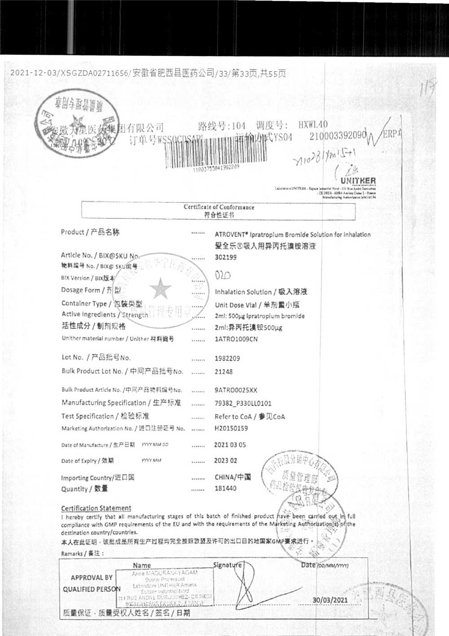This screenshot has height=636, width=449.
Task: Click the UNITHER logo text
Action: coord(358,181)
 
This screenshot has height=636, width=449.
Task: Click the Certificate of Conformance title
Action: coord(219,207)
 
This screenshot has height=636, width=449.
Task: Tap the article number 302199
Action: coord(225,257)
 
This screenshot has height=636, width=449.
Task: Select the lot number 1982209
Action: coord(227,358)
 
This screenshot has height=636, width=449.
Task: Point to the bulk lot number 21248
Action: coord(224,372)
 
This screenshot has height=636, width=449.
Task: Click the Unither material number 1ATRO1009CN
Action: coord(236,339)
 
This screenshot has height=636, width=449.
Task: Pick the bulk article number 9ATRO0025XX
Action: coord(236,390)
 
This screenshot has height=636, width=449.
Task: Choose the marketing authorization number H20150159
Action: coord(231,428)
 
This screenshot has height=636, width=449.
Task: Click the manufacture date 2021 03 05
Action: coord(230,445)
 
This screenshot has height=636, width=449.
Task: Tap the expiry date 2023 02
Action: coord(226,461)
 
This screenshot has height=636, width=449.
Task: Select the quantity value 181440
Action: coord(225,488)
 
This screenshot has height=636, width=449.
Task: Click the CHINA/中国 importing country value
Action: coord(233,477)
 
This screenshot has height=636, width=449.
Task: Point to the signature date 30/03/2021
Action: coord(330,600)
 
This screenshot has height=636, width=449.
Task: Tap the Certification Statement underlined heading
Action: coord(96,508)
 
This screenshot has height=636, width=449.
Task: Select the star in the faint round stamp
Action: coord(160,289)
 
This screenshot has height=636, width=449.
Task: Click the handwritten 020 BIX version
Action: coord(223,275)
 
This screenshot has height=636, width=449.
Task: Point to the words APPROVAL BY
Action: coord(92,578)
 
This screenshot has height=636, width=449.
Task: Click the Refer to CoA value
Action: coord(250,417)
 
